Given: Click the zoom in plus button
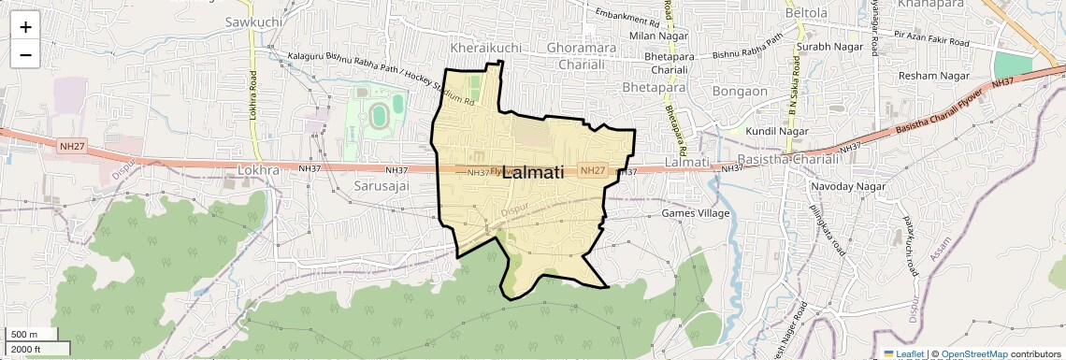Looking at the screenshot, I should tap(25, 27).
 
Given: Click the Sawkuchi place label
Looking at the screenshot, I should tap(253, 21).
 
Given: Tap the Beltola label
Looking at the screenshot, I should tap(807, 13).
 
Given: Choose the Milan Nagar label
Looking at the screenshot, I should tap(654, 36).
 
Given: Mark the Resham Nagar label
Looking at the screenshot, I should tap(929, 75).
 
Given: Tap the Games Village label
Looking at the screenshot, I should tap(696, 213).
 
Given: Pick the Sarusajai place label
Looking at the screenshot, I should tap(382, 186).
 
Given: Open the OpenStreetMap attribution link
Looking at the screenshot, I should tap(973, 353).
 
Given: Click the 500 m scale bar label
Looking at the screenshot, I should tap(25, 335).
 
